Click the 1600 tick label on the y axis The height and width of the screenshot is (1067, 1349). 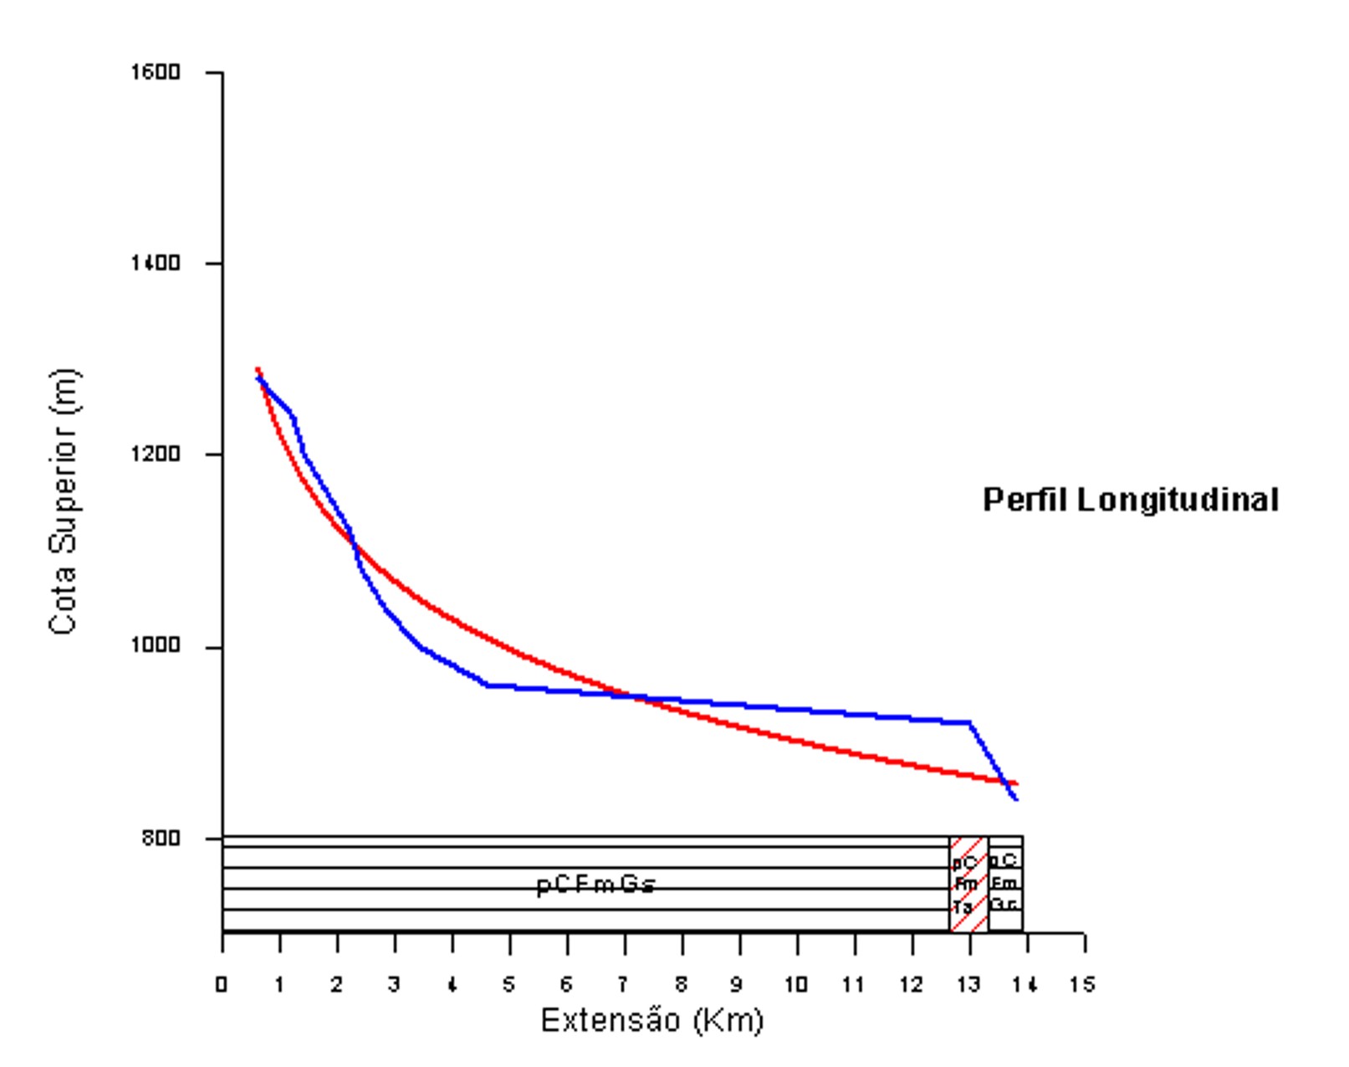[156, 72]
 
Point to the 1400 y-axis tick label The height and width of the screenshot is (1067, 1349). [156, 263]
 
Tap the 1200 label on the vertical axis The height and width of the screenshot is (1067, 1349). [156, 454]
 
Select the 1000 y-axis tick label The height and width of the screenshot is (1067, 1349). [156, 645]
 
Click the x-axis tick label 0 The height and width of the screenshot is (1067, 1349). [221, 984]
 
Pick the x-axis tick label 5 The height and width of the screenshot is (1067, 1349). [509, 984]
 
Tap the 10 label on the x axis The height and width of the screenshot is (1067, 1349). [795, 984]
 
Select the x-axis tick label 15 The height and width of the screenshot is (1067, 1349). [1082, 984]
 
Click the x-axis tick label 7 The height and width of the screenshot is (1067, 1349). [624, 984]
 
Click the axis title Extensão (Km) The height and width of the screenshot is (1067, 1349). [652, 1020]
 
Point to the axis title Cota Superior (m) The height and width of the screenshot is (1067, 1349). [64, 502]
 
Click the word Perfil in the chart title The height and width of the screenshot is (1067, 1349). [1025, 500]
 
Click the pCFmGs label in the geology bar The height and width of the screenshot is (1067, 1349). [595, 885]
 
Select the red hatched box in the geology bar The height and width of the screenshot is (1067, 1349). [968, 884]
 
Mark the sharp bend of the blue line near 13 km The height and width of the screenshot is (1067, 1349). [969, 722]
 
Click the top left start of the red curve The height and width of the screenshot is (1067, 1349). [258, 369]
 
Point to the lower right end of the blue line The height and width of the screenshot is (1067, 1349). [1016, 799]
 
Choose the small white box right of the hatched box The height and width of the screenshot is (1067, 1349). [1004, 884]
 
